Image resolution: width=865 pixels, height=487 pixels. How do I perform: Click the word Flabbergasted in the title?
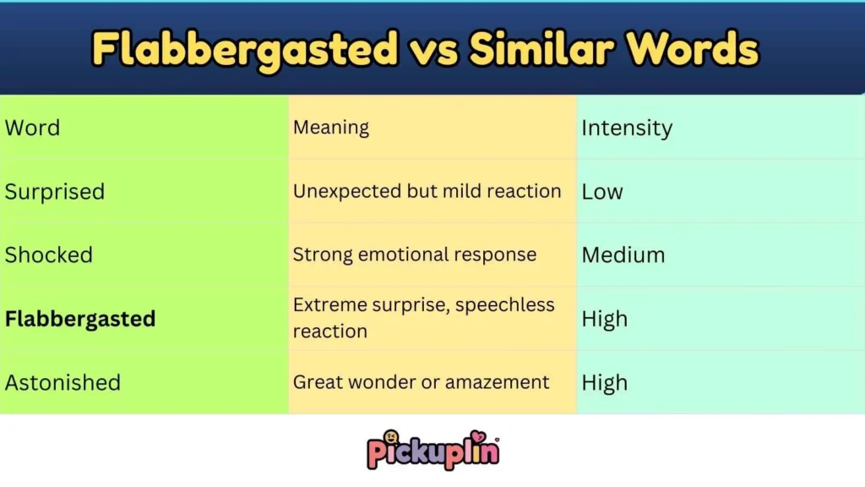coord(244,48)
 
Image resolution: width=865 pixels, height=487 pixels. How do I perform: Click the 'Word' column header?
coord(32,129)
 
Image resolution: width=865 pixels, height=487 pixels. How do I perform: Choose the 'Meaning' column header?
coord(331,129)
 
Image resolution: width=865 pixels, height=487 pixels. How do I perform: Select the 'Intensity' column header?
coord(627,129)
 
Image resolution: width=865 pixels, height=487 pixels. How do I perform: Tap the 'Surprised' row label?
coord(55,192)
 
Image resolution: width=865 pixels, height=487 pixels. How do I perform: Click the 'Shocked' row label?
coord(49,255)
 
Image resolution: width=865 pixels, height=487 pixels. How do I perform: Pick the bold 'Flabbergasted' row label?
coord(80,319)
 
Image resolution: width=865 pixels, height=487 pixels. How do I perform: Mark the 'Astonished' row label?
coord(63,382)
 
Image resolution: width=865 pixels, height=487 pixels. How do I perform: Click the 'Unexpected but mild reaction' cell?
coord(427,191)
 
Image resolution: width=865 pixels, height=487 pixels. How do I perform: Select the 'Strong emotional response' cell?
coord(414,254)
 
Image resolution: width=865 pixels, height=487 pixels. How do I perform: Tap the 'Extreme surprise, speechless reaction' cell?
coord(423,318)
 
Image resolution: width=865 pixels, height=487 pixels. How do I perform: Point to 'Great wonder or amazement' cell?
coord(421,382)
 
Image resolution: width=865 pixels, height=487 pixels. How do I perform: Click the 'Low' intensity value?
coord(602,192)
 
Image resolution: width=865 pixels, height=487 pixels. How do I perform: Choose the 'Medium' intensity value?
coord(623,255)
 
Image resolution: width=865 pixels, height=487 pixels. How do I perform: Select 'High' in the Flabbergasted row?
coord(605,319)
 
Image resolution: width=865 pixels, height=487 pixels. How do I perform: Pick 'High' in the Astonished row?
coord(605,382)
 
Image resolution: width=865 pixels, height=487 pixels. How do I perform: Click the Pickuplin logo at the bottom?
coord(432,449)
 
